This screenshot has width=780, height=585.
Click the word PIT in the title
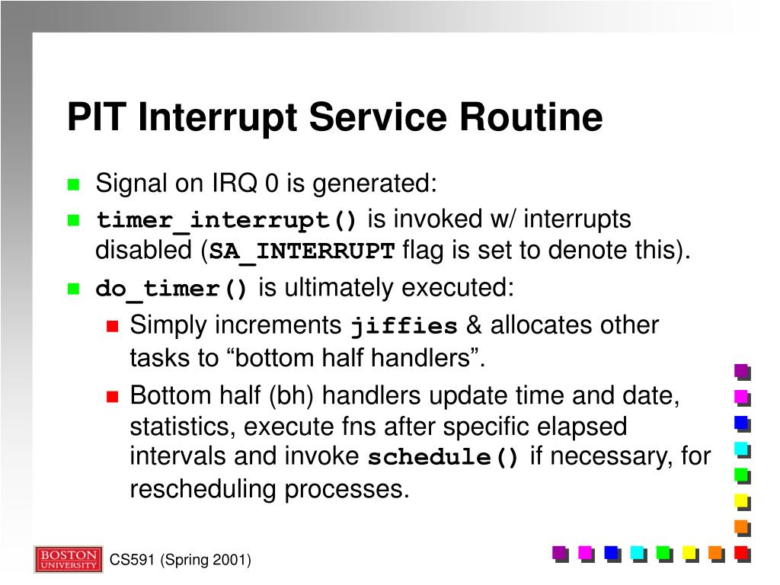(x=97, y=117)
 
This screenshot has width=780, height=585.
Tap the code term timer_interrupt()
(x=226, y=220)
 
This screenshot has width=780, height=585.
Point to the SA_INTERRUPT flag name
(x=302, y=251)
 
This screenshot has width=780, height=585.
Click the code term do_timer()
(x=171, y=289)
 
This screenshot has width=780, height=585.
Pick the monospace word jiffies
(x=404, y=326)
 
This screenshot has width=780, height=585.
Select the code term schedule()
(x=443, y=457)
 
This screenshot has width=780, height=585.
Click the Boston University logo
(x=69, y=559)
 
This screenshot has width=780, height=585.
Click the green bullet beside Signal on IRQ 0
(x=74, y=184)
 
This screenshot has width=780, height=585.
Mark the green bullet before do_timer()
(x=74, y=289)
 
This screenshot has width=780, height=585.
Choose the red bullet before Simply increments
(x=113, y=326)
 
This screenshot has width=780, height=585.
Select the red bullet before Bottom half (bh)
(x=113, y=396)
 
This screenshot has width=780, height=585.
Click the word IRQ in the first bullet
(x=235, y=183)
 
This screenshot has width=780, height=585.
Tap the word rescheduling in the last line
(x=203, y=490)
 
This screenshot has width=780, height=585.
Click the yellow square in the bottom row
(x=690, y=554)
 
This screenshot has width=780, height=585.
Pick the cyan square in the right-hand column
(x=743, y=450)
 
